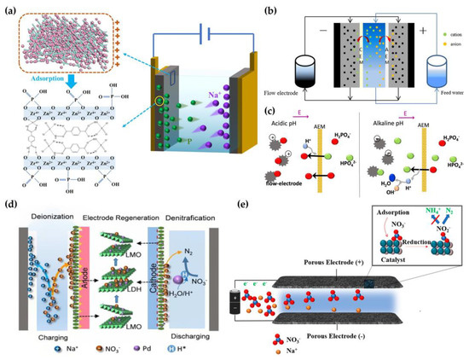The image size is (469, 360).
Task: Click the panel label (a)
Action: pos(13,9)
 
